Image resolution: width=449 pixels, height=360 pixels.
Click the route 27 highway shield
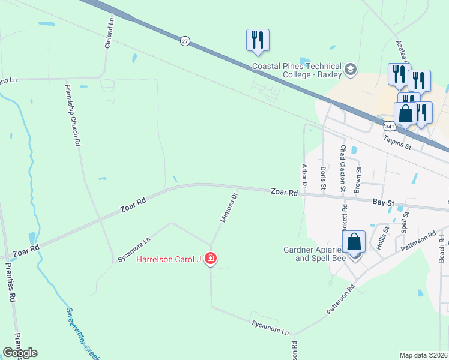click(185, 41)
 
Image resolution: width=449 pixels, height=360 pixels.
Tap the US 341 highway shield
click(390, 127)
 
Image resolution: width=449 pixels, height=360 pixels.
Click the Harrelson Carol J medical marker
click(211, 259)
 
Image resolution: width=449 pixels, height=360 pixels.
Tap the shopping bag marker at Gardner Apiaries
click(355, 242)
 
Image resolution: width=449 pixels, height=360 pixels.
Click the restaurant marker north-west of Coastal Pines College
click(258, 40)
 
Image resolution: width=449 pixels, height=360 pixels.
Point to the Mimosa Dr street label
click(229, 207)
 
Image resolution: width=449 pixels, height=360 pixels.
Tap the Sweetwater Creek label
click(83, 331)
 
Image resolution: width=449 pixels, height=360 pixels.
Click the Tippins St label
click(398, 142)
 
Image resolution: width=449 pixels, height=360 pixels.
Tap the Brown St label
click(358, 178)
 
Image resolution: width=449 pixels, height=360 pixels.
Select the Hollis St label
click(382, 237)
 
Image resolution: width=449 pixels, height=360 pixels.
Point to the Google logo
click(20, 353)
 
